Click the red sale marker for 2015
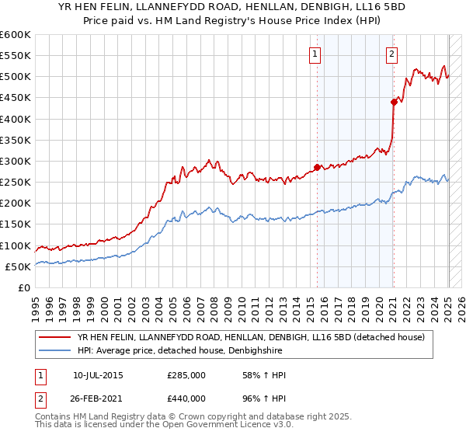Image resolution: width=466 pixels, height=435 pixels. [317, 167]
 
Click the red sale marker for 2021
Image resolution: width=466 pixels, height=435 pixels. [394, 101]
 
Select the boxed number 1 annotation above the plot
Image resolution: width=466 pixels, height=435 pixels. [315, 54]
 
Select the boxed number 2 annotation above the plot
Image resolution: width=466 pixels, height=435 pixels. [391, 54]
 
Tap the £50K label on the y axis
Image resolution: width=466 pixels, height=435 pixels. [18, 266]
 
